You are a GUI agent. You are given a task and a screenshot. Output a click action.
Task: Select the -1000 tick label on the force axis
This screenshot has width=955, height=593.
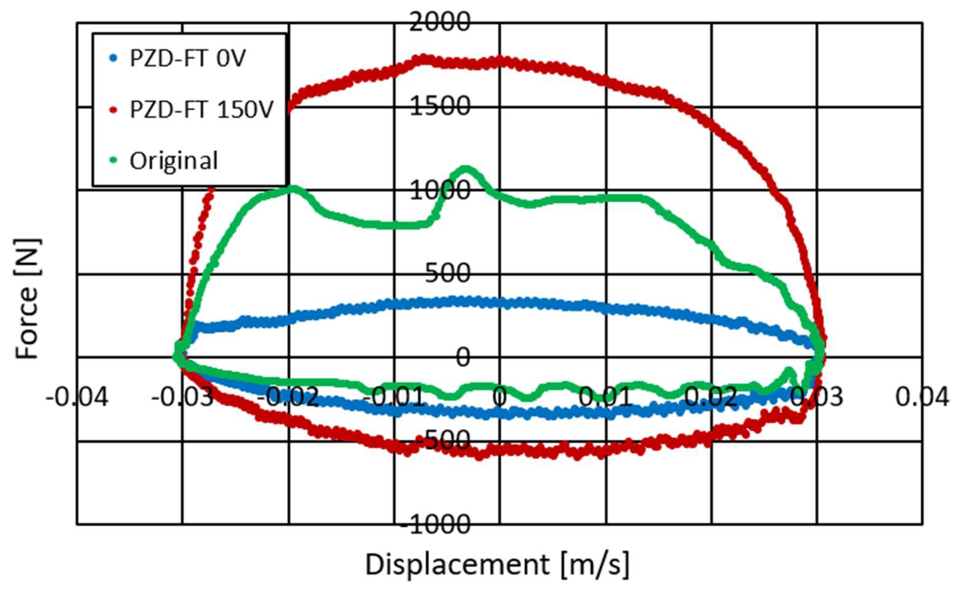point(435,524)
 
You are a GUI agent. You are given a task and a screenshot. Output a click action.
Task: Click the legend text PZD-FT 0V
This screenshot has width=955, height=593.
point(188,59)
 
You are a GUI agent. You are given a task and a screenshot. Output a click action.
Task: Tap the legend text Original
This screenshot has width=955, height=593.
point(173,161)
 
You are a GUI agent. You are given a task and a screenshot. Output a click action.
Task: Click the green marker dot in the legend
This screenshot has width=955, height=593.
point(114,161)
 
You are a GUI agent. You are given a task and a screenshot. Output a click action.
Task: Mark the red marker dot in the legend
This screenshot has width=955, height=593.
point(114,110)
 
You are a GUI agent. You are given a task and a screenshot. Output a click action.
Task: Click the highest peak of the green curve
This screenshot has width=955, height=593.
point(466,169)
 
